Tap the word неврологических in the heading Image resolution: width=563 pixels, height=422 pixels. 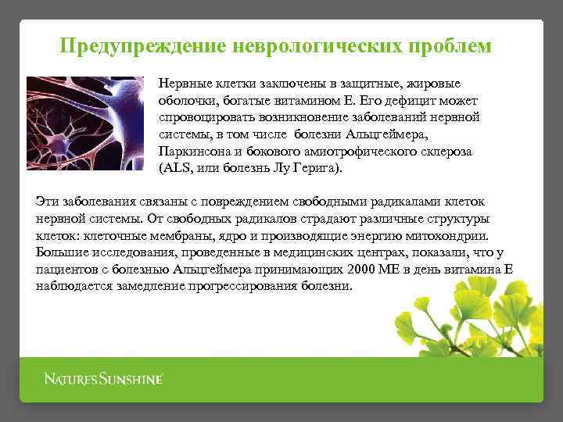320,46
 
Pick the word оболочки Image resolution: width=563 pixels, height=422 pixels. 187,101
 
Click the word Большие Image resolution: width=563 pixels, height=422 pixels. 61,252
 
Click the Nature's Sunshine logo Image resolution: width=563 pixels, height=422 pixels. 102,380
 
